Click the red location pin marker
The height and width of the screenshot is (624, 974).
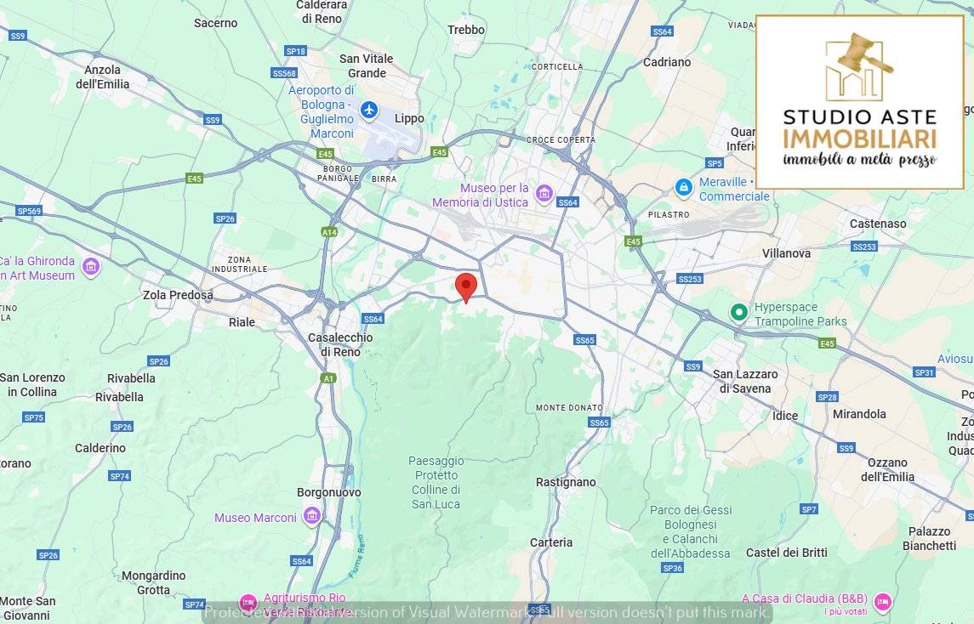pyautogui.click(x=465, y=286)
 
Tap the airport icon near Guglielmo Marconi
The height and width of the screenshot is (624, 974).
pyautogui.click(x=368, y=111)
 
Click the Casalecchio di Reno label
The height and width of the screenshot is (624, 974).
pyautogui.click(x=340, y=345)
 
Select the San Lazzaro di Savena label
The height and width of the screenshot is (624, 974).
pyautogui.click(x=745, y=382)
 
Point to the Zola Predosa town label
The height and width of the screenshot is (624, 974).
pyautogui.click(x=179, y=295)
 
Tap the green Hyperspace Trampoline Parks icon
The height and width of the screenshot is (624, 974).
pyautogui.click(x=739, y=313)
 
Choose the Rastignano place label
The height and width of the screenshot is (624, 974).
pyautogui.click(x=566, y=482)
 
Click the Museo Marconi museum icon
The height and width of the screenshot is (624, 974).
pyautogui.click(x=311, y=516)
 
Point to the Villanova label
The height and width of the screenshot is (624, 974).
pyautogui.click(x=786, y=253)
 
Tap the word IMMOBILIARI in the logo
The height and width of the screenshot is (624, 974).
pyautogui.click(x=859, y=139)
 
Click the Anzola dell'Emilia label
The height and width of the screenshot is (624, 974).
pyautogui.click(x=103, y=77)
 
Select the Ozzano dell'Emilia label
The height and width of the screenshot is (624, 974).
pyautogui.click(x=887, y=470)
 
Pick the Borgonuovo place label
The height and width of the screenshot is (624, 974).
pyautogui.click(x=328, y=493)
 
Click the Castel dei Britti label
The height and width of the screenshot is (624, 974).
pyautogui.click(x=786, y=553)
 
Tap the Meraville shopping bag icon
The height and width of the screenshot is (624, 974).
pyautogui.click(x=683, y=186)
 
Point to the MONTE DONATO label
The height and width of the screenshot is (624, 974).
pyautogui.click(x=569, y=408)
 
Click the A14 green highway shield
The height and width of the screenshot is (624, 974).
pyautogui.click(x=329, y=231)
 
